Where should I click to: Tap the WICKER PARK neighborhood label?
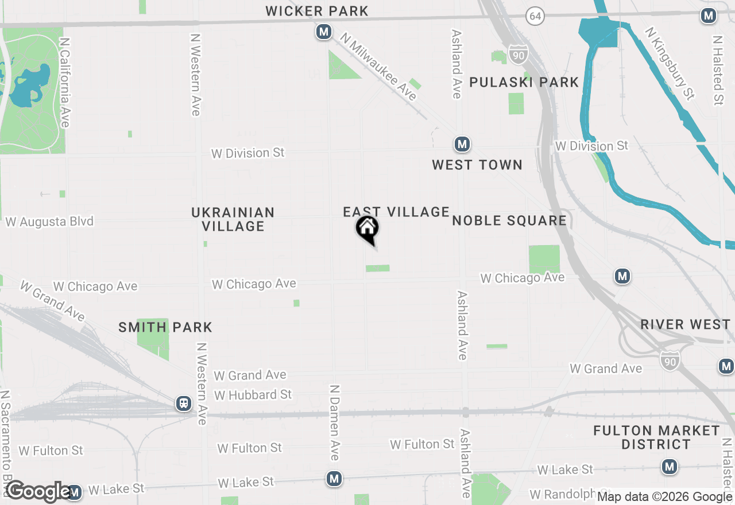click(x=317, y=11)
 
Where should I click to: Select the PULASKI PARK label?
click(x=524, y=82)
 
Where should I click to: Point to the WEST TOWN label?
click(x=477, y=165)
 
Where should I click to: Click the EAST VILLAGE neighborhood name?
click(x=396, y=212)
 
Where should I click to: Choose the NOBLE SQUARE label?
click(x=509, y=220)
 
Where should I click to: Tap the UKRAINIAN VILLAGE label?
click(x=233, y=219)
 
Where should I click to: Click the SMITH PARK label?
click(x=165, y=327)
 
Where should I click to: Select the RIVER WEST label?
click(x=685, y=324)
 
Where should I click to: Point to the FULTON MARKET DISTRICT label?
click(x=656, y=437)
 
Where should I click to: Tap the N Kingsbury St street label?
click(x=670, y=64)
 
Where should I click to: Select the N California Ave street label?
click(x=65, y=83)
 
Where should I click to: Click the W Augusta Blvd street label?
click(x=49, y=222)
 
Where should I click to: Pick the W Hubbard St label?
click(x=253, y=395)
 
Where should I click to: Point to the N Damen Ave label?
click(x=334, y=422)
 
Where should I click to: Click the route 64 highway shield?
click(x=535, y=16)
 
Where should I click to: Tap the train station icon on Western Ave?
click(x=184, y=403)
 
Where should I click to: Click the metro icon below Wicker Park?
click(x=324, y=32)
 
